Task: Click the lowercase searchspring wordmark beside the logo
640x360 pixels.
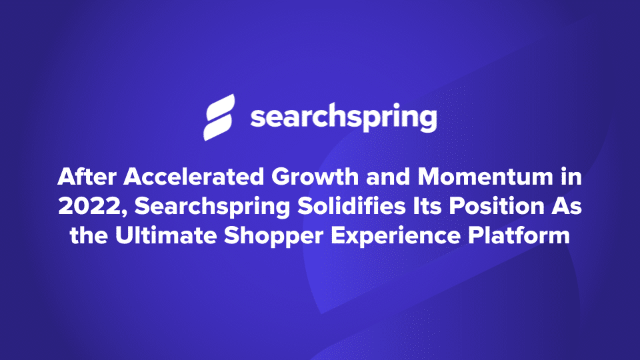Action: click(343, 119)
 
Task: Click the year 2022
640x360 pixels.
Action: click(86, 207)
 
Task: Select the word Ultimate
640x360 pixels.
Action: click(161, 235)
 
